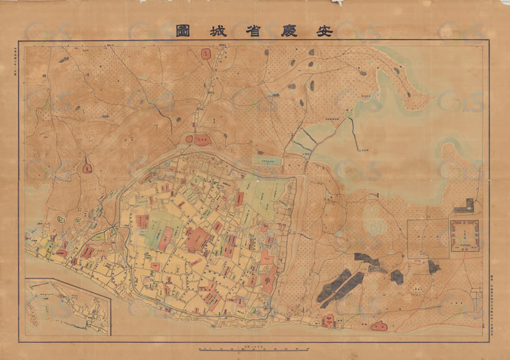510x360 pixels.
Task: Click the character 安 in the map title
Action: (325, 30)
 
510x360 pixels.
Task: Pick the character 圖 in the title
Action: (184, 30)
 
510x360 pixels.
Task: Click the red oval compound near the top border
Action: (206, 54)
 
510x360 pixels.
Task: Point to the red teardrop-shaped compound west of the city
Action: (87, 168)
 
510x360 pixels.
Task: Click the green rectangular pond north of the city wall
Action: (268, 161)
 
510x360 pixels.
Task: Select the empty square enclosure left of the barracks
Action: (428, 238)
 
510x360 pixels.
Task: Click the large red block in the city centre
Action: (198, 240)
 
